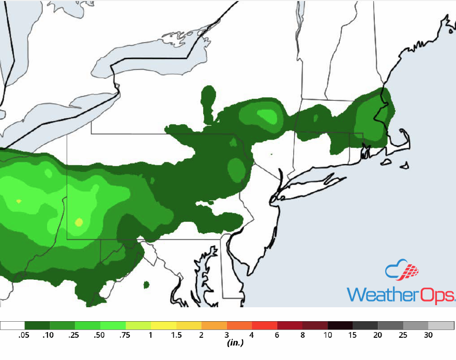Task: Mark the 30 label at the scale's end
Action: tap(429, 335)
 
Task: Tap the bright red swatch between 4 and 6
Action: tap(265, 325)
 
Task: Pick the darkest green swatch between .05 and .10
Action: tap(37, 325)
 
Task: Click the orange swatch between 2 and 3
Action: tap(215, 325)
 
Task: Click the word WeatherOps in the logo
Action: tap(401, 294)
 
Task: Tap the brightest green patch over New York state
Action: tap(267, 115)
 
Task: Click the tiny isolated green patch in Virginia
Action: tap(146, 284)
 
